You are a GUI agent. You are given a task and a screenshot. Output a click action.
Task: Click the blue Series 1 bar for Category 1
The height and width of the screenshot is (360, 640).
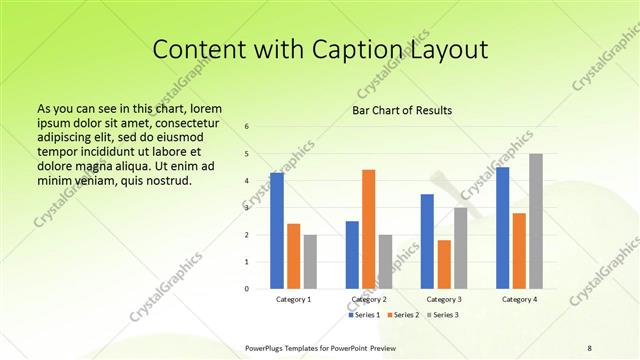point(277,231)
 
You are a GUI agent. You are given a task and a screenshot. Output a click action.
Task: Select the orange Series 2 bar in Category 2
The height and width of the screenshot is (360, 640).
point(368,229)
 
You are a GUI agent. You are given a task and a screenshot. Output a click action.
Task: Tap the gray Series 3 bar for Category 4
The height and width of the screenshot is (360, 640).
point(536,221)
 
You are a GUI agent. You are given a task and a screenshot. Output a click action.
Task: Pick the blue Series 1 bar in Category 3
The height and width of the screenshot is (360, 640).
point(427,241)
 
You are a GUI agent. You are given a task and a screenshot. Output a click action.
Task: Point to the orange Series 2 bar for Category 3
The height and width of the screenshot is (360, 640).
point(443,264)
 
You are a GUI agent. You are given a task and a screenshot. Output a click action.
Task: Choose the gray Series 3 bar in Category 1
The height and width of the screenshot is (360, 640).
point(310,261)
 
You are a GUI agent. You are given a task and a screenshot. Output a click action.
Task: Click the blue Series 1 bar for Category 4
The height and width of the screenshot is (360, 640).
point(502,228)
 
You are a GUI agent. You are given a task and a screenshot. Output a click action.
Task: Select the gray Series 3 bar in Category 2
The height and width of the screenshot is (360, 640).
point(385,261)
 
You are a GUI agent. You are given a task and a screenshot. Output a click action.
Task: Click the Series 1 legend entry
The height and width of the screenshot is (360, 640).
point(364,315)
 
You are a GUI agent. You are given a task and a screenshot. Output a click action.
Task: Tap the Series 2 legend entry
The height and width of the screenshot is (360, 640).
point(402,315)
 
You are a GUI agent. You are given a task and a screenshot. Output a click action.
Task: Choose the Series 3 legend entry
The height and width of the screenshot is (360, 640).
point(441,315)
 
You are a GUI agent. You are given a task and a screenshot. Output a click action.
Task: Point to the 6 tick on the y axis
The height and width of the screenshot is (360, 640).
point(247,127)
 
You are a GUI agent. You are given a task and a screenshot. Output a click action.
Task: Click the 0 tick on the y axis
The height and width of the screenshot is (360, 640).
point(247,288)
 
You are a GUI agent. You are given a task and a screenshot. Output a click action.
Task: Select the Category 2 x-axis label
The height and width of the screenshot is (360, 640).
point(368,300)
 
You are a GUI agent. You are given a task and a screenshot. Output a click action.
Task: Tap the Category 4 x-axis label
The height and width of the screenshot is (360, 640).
point(519,300)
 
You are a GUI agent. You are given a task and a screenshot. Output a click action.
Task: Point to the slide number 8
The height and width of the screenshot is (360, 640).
point(589,348)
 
